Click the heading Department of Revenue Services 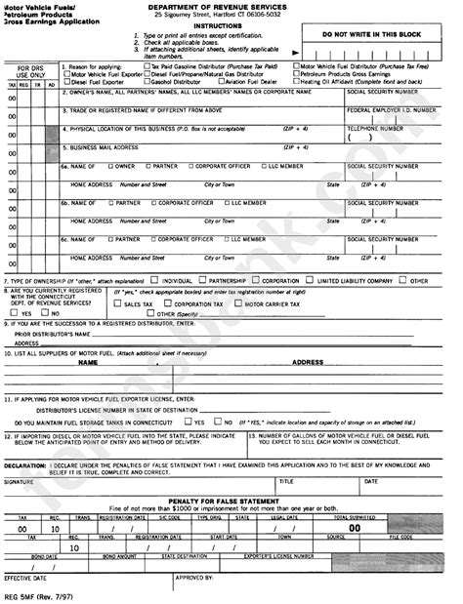[x=231, y=6]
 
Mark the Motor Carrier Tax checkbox [x=238, y=304]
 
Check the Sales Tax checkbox [x=118, y=304]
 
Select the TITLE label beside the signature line [x=286, y=481]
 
